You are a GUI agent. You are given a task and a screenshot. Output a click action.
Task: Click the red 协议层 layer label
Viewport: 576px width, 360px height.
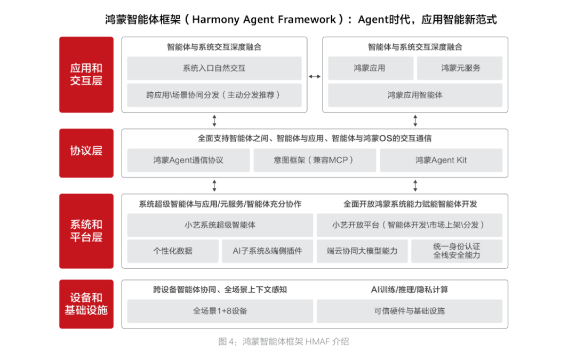(86, 153)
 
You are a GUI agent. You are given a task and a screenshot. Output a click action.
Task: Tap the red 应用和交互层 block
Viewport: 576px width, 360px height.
(86, 75)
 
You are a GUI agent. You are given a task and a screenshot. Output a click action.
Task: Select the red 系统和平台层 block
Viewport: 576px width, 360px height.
(86, 231)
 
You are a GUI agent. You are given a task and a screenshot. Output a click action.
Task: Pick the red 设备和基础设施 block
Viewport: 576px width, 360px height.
(86, 304)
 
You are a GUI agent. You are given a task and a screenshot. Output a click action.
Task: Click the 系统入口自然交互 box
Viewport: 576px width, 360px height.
(214, 68)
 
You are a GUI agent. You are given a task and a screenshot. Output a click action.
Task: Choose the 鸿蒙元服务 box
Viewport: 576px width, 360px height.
(460, 68)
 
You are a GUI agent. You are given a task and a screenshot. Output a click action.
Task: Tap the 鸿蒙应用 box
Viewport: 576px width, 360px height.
(370, 68)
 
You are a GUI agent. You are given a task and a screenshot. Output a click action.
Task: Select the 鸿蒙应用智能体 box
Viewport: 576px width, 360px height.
(415, 95)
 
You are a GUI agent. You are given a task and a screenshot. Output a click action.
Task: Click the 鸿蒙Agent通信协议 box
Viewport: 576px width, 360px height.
(188, 160)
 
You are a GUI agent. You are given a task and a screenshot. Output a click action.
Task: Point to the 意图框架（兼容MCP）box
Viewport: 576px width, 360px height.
(315, 160)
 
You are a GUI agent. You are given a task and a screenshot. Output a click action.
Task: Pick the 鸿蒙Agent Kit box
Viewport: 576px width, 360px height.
(441, 160)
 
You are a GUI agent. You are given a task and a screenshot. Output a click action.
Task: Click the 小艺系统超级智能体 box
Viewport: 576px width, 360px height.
(220, 225)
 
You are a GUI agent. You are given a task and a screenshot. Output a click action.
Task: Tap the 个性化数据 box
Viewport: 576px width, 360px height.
(173, 251)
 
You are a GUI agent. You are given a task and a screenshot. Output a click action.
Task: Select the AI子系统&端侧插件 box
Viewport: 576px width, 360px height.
(267, 251)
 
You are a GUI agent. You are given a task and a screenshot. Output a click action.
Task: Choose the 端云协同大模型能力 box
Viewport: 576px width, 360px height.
(362, 251)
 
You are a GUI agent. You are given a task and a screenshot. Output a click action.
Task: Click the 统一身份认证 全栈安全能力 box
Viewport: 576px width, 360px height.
(457, 251)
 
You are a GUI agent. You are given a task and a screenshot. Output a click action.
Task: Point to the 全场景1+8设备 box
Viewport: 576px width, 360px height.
(220, 311)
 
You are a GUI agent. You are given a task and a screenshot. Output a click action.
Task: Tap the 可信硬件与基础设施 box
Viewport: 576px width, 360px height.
(410, 311)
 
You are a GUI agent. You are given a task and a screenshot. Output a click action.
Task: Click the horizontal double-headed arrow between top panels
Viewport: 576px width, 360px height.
(315, 76)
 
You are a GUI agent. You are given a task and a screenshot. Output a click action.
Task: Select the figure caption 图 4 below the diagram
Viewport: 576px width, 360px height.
(284, 342)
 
